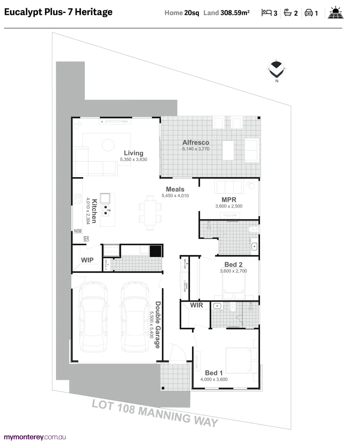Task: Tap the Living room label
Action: click(134, 153)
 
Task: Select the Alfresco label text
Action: click(196, 142)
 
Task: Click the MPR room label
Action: click(229, 200)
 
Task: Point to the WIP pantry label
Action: click(87, 260)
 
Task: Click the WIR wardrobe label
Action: click(196, 305)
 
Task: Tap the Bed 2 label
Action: click(233, 264)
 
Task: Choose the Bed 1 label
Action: click(214, 373)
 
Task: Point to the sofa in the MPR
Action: click(229, 187)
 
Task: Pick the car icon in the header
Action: click(309, 13)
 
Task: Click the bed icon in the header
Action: click(267, 13)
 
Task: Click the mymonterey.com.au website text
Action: click(35, 437)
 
